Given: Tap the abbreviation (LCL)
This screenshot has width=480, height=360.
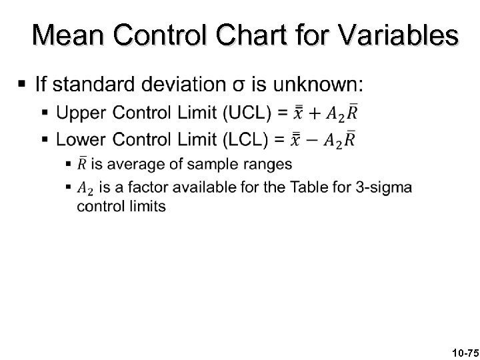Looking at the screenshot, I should coord(246,140).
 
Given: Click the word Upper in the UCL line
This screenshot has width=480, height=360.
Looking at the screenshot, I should coord(78,113).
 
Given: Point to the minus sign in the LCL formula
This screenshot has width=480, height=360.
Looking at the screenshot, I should coord(311,141).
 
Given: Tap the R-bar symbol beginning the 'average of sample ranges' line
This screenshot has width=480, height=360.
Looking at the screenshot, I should coord(83,163).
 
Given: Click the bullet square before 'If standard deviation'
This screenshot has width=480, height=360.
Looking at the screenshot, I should coord(22,85).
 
